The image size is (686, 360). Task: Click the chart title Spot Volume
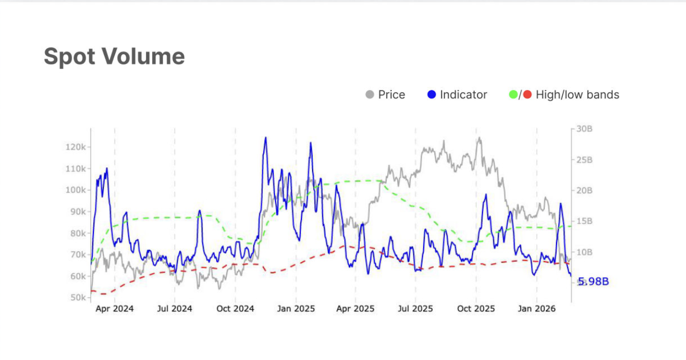[x=114, y=56]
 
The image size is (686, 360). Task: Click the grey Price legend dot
[x=370, y=95]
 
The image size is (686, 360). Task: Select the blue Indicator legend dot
[x=432, y=95]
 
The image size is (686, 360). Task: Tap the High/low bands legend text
[x=577, y=95]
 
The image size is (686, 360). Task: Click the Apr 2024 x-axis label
[x=115, y=309]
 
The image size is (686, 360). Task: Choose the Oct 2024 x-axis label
[x=235, y=309]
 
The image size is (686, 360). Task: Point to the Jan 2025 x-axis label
[x=296, y=309]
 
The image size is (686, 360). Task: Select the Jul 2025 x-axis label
[x=416, y=309]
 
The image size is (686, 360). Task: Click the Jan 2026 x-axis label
[x=537, y=309]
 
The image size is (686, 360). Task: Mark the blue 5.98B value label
[x=593, y=282]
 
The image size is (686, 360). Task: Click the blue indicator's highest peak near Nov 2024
[x=265, y=137]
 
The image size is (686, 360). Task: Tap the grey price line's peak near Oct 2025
[x=478, y=138]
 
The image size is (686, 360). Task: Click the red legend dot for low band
[x=527, y=95]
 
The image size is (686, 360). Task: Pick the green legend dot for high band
[x=513, y=95]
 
